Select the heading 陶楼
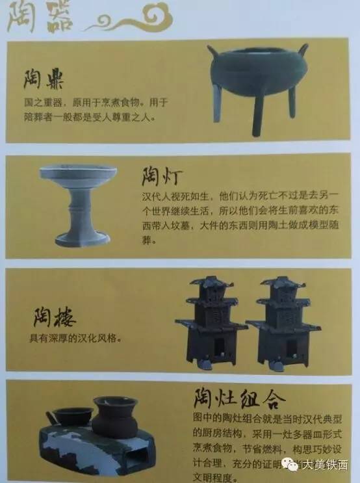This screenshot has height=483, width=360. pos(55,319)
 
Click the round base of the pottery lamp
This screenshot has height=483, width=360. pos(83,238)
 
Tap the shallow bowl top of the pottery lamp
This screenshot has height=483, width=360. pos(78,175)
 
